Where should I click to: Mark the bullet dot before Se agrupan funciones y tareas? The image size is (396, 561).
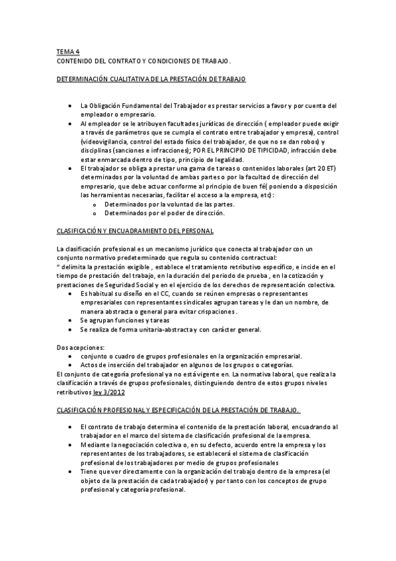coord(71,320)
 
